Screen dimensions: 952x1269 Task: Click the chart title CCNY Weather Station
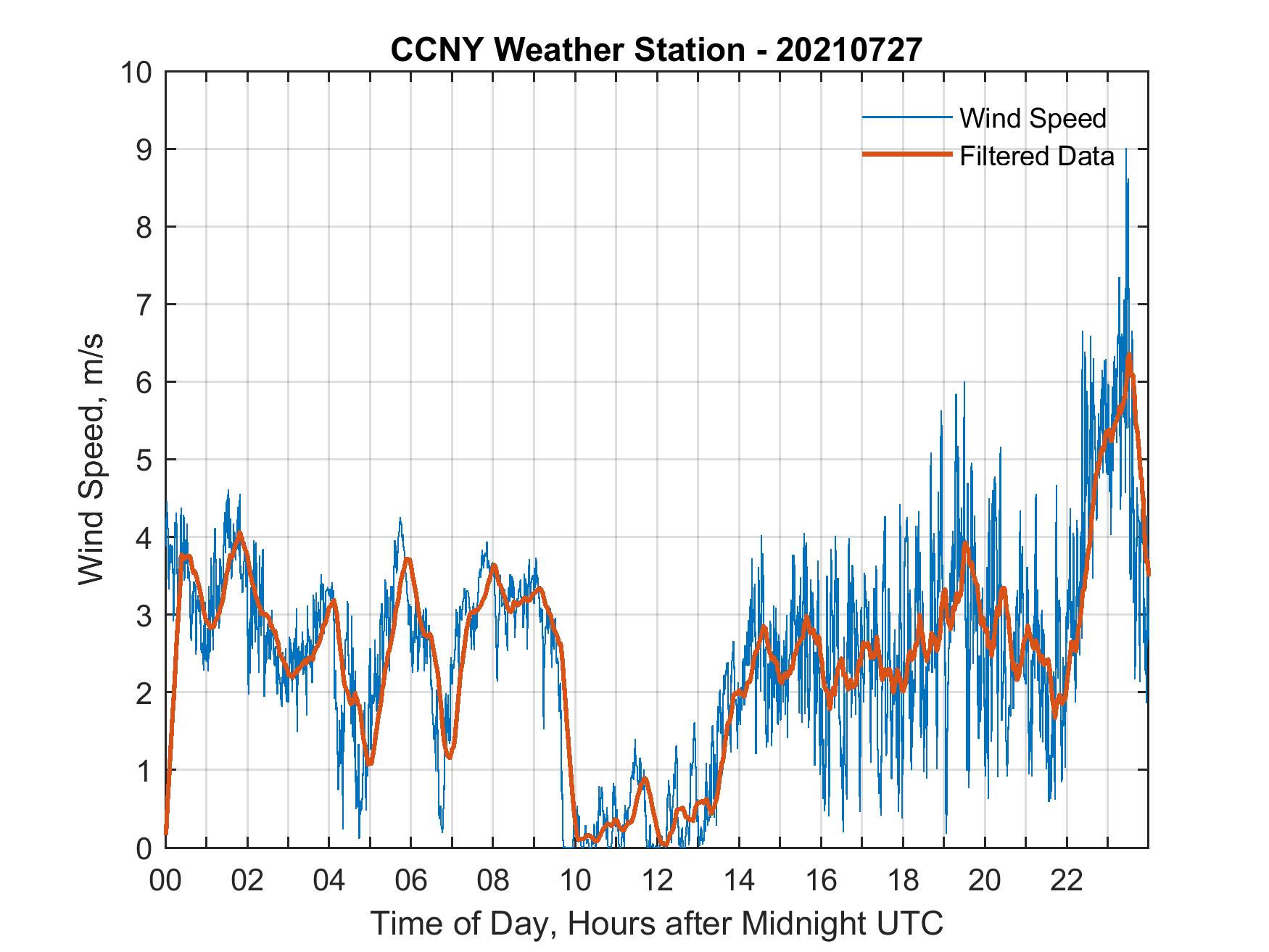point(656,50)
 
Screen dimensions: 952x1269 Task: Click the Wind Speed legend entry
point(1033,118)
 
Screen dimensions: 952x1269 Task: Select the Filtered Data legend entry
point(1037,156)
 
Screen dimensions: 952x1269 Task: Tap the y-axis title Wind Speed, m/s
point(92,459)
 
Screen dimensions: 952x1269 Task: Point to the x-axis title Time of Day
point(656,923)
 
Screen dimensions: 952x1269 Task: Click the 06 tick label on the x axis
point(410,880)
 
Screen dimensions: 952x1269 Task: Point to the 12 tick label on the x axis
point(656,880)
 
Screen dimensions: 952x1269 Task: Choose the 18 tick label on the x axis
point(903,880)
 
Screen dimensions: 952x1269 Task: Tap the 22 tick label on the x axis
point(1067,880)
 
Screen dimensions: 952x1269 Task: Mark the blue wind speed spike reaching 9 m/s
point(1125,150)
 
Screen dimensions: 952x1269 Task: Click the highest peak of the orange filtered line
point(1129,355)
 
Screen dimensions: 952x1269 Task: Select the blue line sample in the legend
point(906,117)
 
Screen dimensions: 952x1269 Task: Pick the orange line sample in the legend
point(906,155)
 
